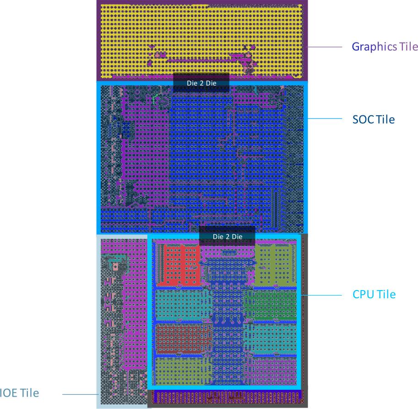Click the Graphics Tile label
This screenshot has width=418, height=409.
click(x=385, y=47)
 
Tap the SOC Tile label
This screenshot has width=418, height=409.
click(x=373, y=120)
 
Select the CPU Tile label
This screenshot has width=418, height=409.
click(x=374, y=294)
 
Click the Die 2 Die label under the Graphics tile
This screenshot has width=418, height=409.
click(x=201, y=83)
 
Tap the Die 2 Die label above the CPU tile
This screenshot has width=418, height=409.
click(x=227, y=236)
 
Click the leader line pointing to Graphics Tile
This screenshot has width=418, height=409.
click(x=325, y=47)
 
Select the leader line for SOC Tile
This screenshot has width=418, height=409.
click(x=325, y=119)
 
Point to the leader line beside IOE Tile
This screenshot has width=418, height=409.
click(x=80, y=394)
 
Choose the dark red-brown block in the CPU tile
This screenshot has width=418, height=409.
click(x=178, y=339)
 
